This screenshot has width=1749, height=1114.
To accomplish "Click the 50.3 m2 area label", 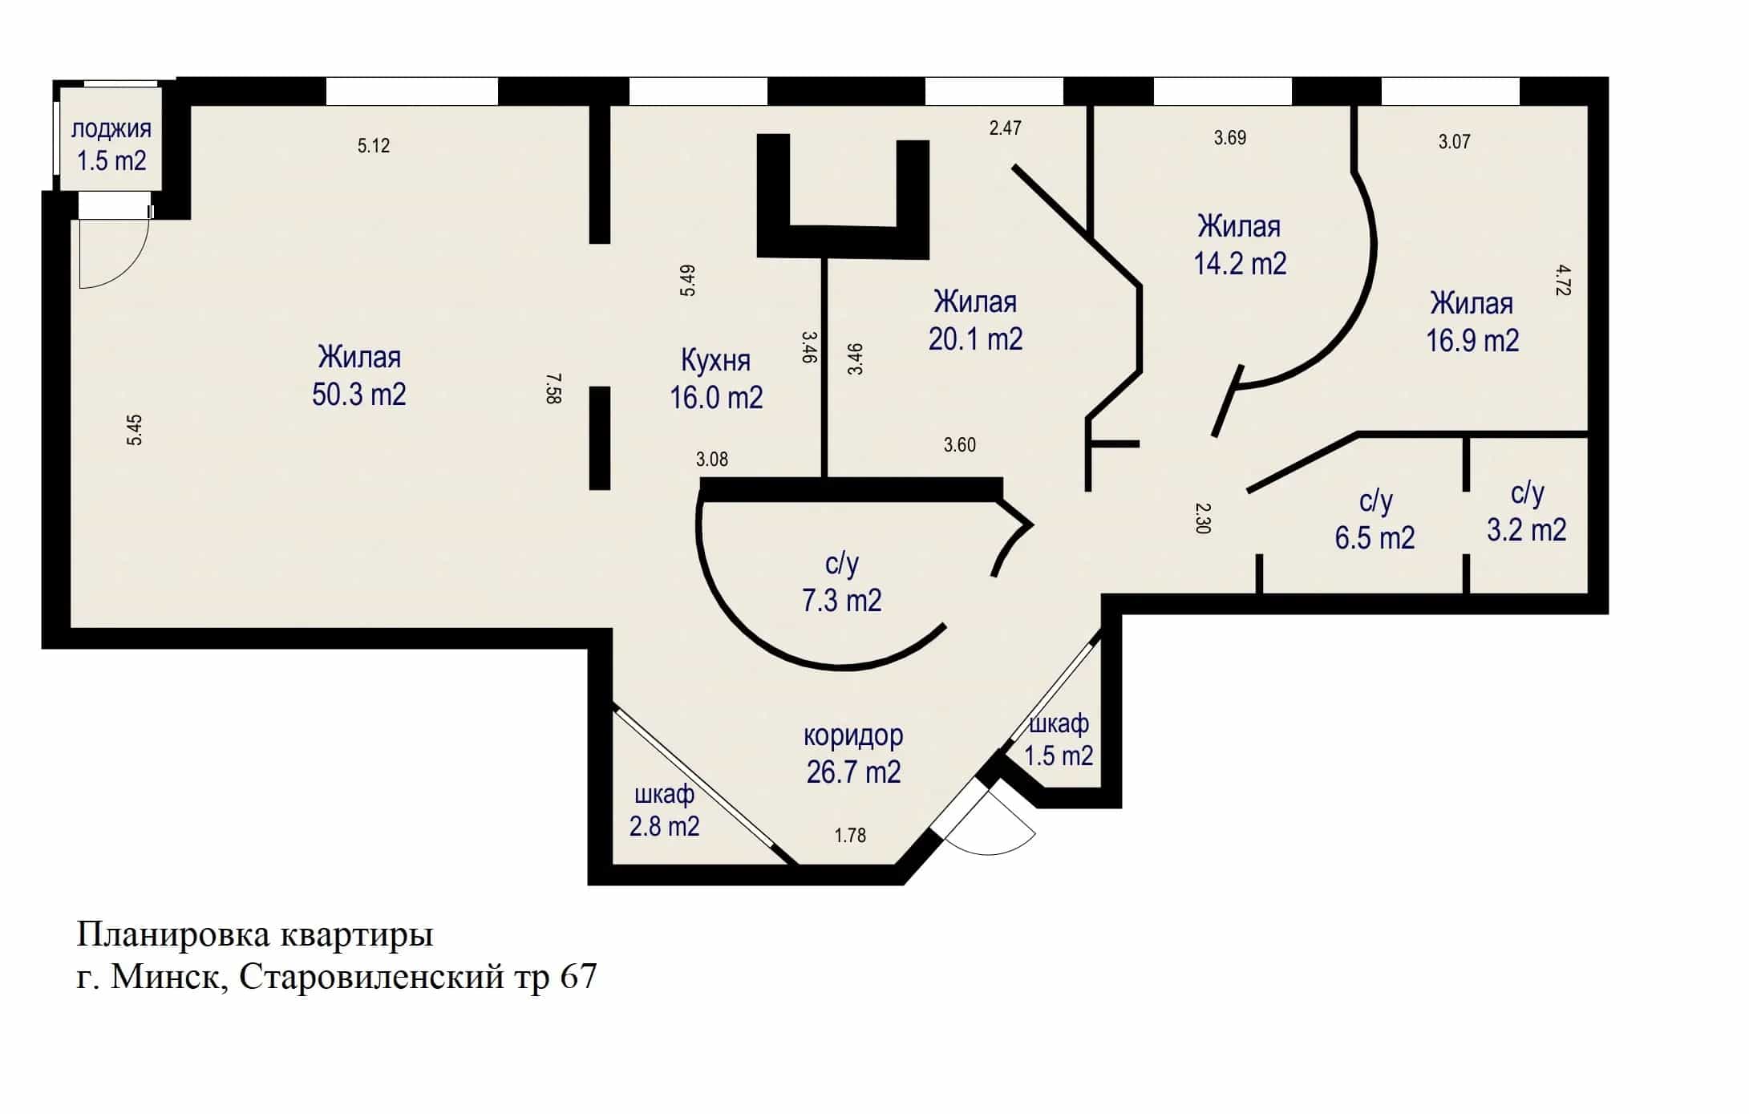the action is [x=358, y=395].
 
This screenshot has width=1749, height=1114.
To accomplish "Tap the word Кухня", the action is [x=715, y=361].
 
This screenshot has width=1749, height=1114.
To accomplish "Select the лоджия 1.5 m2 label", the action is [x=111, y=144].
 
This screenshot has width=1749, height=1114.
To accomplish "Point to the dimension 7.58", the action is [x=553, y=388].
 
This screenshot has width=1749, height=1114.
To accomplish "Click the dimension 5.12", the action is [x=374, y=145].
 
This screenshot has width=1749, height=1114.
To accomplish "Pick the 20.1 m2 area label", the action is [x=975, y=339].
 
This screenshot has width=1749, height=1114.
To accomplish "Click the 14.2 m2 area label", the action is [x=1240, y=264].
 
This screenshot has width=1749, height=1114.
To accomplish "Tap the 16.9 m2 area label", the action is [x=1472, y=341].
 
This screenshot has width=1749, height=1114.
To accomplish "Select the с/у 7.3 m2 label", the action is [x=842, y=582].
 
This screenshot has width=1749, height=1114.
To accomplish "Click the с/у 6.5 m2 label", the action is [x=1375, y=520].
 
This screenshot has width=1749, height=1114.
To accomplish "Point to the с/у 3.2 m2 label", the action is [x=1527, y=512].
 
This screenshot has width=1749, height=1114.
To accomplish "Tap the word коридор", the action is [x=853, y=735].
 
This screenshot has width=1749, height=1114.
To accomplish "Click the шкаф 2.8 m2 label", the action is [x=664, y=810].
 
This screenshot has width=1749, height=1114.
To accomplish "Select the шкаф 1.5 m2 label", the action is [x=1059, y=739].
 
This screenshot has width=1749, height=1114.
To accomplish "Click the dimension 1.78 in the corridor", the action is [x=850, y=836].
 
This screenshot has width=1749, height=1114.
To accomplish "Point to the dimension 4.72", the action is [x=1562, y=281].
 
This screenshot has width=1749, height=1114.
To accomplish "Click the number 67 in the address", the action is [x=578, y=977].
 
